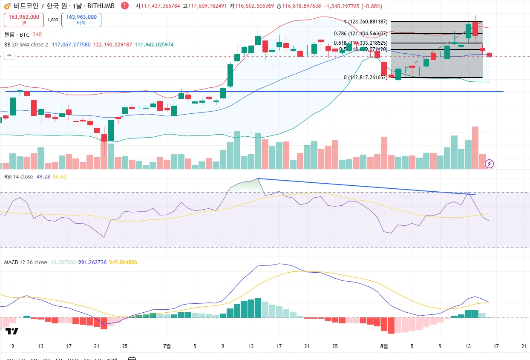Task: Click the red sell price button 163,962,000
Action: click(24, 20)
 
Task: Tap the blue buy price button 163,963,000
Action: click(81, 20)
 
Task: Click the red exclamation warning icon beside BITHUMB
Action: click(124, 6)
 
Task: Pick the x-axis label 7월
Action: click(167, 346)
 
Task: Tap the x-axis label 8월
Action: click(384, 346)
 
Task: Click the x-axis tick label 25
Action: click(125, 346)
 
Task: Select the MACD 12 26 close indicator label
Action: click(26, 262)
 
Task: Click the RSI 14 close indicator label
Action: click(19, 176)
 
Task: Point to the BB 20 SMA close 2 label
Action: click(26, 44)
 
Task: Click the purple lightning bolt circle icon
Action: click(490, 164)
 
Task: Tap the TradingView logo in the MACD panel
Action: click(12, 331)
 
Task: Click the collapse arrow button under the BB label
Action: click(9, 55)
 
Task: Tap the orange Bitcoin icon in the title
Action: click(7, 6)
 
